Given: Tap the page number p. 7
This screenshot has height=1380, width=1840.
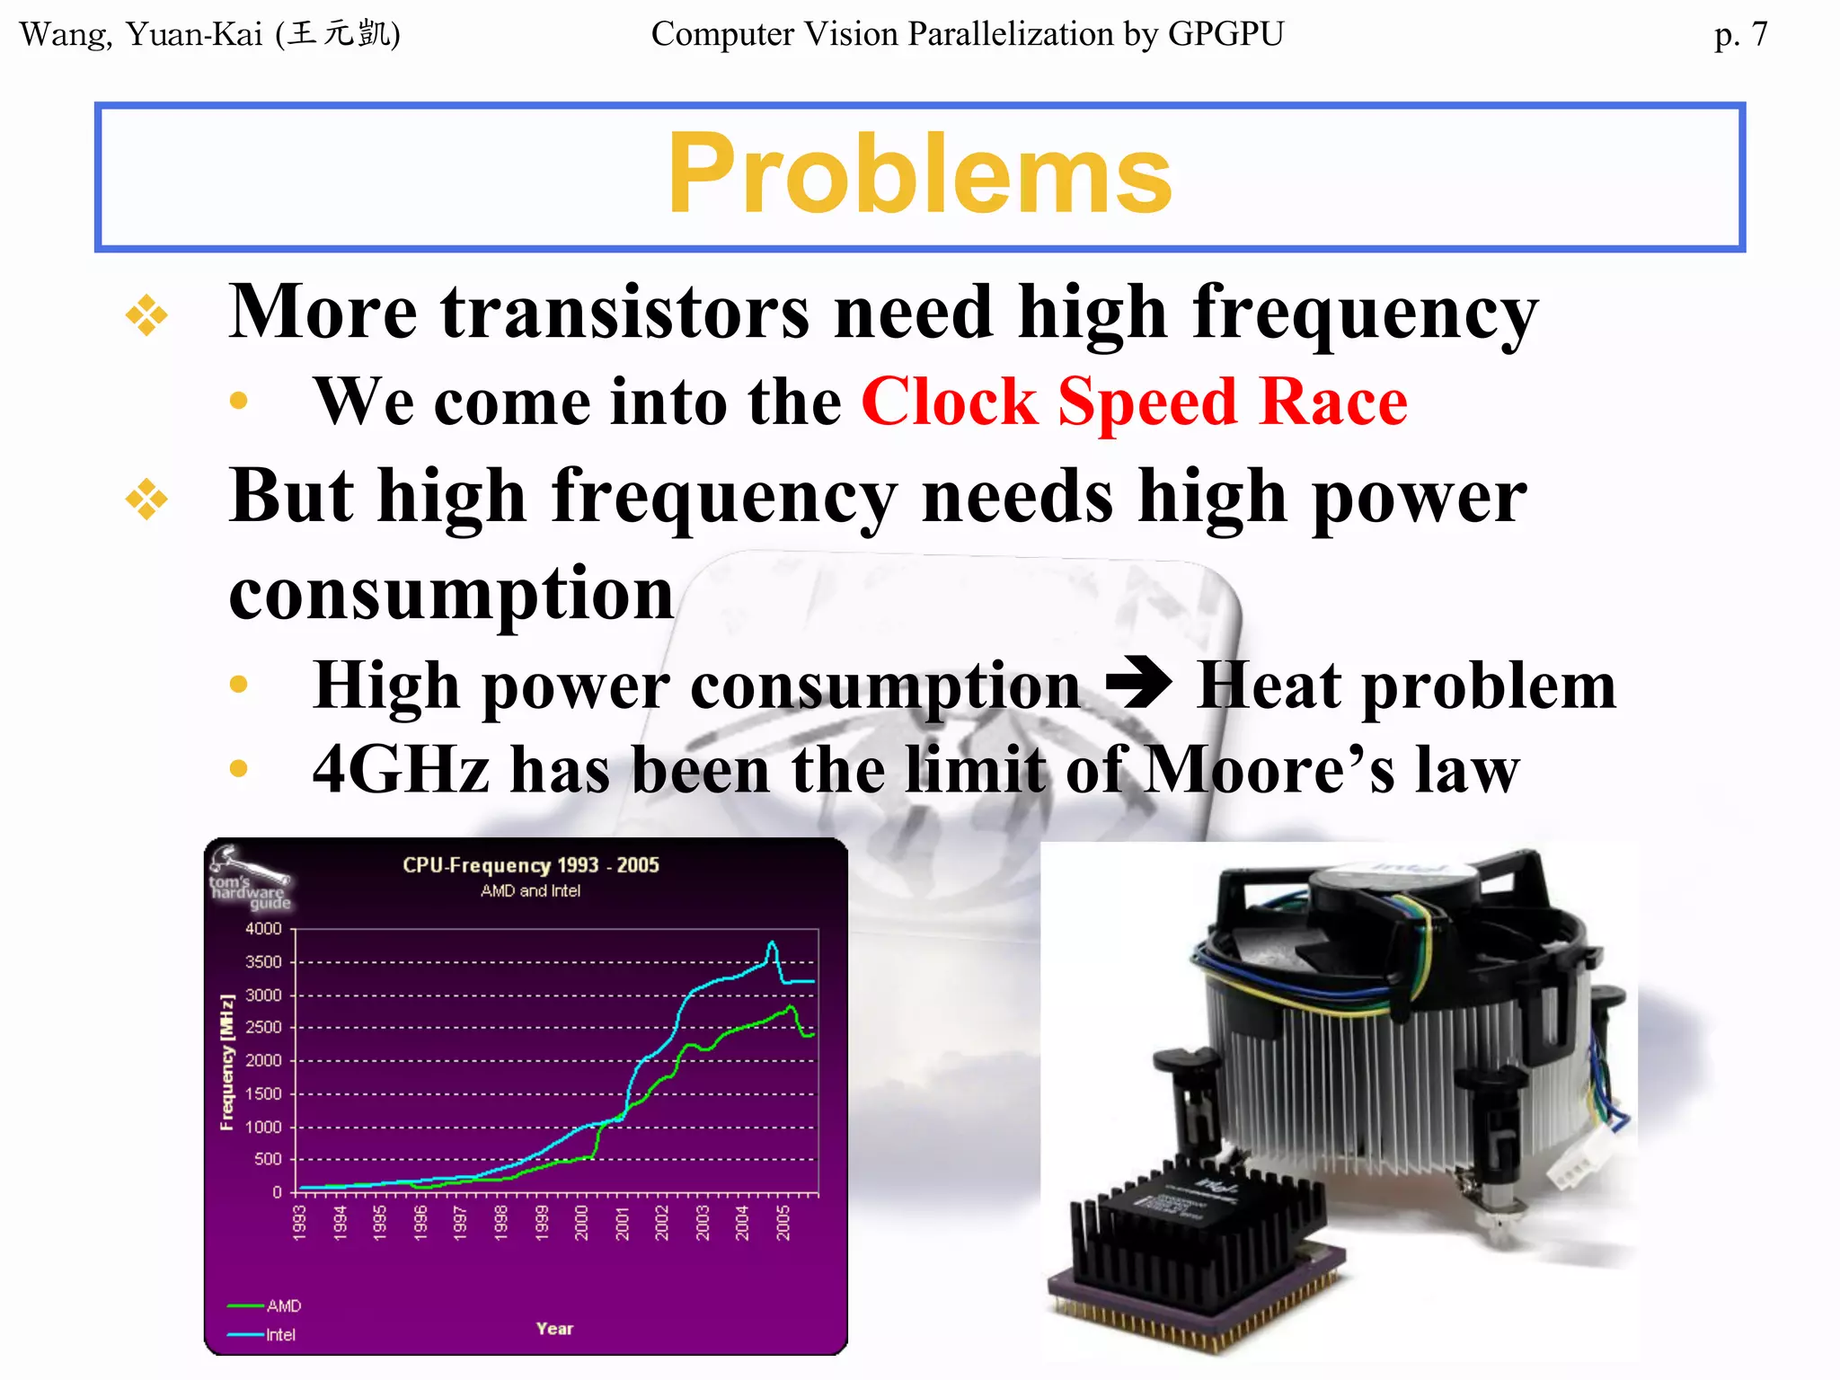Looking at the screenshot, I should click(x=1740, y=35).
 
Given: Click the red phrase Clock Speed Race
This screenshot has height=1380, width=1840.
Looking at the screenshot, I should click(x=1134, y=402).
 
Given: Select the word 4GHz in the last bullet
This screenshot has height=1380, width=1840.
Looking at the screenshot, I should click(x=401, y=770).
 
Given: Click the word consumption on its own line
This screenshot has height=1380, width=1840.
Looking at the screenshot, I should click(x=451, y=595).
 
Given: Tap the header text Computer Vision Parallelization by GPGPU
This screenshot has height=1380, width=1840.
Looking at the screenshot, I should click(x=967, y=34).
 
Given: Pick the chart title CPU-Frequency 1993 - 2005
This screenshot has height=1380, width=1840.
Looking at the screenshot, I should click(x=530, y=865).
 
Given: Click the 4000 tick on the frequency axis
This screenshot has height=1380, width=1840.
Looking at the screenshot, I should click(x=263, y=928).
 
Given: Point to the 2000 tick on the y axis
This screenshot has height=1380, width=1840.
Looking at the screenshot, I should click(x=263, y=1061).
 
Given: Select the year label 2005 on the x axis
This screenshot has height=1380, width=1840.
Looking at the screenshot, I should click(x=783, y=1223).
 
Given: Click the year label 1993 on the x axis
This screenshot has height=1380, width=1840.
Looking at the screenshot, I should click(x=300, y=1223).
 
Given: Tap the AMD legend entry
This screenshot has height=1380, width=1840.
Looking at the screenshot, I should click(x=283, y=1305).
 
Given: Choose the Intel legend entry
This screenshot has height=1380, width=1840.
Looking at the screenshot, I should click(x=279, y=1335).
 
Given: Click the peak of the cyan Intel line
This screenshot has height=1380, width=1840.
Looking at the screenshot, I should click(x=772, y=943).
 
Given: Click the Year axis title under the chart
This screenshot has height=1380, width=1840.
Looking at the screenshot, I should click(x=554, y=1329).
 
